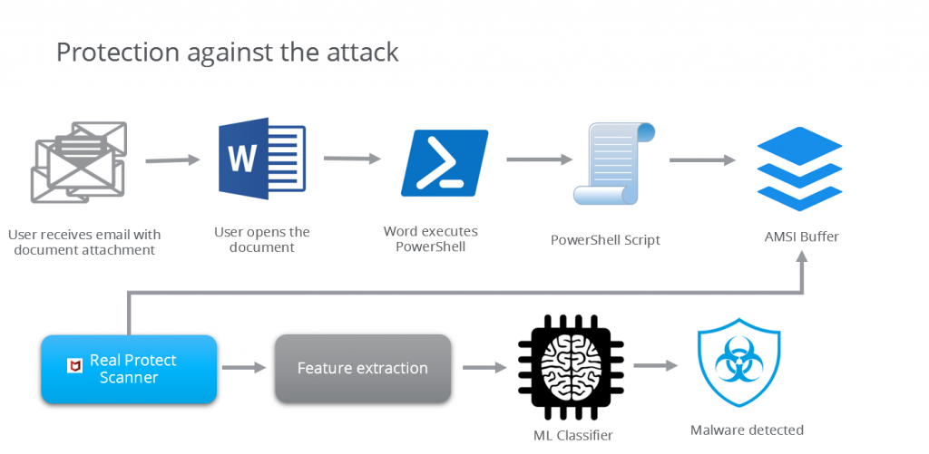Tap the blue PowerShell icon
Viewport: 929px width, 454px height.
tap(444, 163)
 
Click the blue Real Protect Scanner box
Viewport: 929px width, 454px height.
tap(129, 369)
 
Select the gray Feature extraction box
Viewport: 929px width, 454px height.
tap(363, 369)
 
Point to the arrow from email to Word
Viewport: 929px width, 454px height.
tap(172, 160)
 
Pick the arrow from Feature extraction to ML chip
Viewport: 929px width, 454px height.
tap(484, 368)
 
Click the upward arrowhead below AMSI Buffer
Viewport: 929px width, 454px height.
tap(802, 260)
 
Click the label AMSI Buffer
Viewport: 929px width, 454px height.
tap(802, 237)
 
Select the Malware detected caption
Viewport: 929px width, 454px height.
tap(747, 430)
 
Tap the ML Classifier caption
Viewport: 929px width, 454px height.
tap(572, 435)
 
